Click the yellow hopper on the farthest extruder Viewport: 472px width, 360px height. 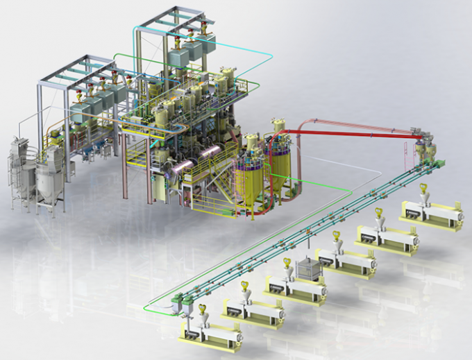click(422, 189)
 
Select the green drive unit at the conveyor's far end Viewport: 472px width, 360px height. click(439, 164)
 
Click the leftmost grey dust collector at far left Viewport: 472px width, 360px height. click(19, 170)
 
